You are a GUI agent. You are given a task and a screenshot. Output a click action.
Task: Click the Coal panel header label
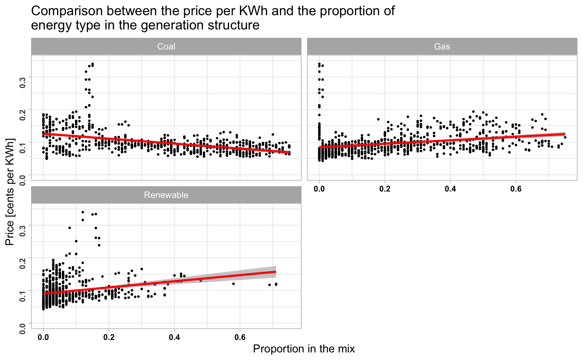point(166,46)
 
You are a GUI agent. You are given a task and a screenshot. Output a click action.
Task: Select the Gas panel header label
point(442,46)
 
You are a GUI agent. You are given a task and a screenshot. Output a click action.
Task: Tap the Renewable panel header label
point(166,195)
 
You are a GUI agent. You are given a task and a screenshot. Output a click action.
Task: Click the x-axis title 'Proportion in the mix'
point(304,349)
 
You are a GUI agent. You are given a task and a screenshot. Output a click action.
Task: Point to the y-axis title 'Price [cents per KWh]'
point(10,192)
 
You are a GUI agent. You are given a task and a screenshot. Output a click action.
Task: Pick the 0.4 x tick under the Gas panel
point(450,189)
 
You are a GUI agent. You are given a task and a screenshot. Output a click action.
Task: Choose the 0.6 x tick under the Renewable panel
point(240,337)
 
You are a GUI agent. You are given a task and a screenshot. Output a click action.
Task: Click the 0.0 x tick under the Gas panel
point(319,189)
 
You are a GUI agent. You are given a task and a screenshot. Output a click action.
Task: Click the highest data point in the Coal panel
point(93,64)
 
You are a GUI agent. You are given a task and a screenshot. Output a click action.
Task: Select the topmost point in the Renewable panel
point(83,212)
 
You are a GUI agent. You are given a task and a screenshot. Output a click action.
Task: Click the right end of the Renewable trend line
point(276,272)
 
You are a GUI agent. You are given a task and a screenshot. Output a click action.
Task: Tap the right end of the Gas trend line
point(565,134)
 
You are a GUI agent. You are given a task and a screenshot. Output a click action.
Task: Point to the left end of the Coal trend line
point(44,134)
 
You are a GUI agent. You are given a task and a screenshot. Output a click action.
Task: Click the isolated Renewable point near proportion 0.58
point(234,284)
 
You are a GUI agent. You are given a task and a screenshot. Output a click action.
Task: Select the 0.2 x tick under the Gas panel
point(385,189)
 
